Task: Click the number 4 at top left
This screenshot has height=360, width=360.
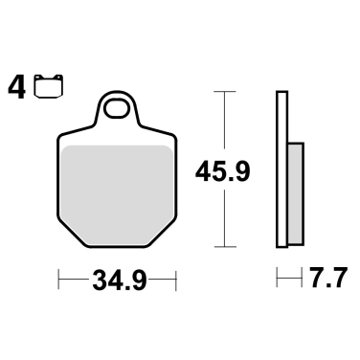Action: coord(17,88)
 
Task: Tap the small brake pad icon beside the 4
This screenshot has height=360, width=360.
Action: coord(42,89)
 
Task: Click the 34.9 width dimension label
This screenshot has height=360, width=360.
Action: coord(119,281)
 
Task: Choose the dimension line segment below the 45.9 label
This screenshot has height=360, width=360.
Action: coord(224,215)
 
